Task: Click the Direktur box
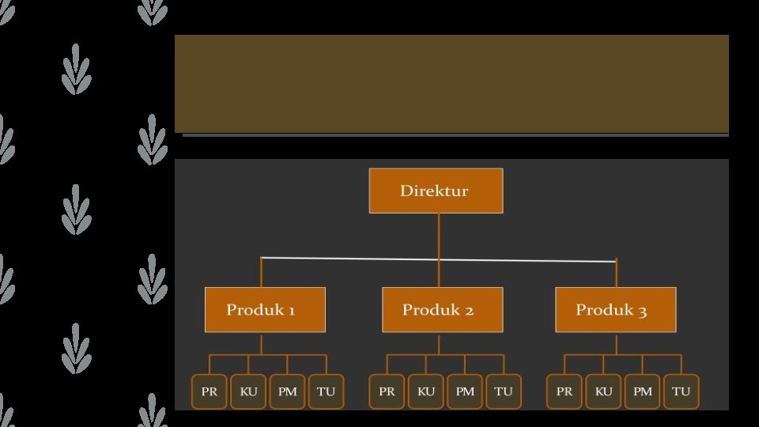click(436, 191)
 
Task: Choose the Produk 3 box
click(615, 309)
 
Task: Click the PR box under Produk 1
click(210, 391)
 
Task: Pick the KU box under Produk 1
click(248, 391)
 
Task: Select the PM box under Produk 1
click(287, 391)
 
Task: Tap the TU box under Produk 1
click(326, 391)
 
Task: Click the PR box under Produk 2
click(387, 391)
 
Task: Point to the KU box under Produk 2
click(425, 391)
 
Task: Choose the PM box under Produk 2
click(465, 391)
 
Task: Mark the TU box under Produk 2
click(504, 391)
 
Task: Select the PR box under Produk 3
click(565, 391)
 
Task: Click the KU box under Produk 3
click(603, 391)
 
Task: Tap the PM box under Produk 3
click(642, 391)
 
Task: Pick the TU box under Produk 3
click(681, 391)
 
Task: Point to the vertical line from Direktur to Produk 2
click(439, 237)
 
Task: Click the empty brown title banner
click(451, 83)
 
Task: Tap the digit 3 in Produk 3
click(642, 310)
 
